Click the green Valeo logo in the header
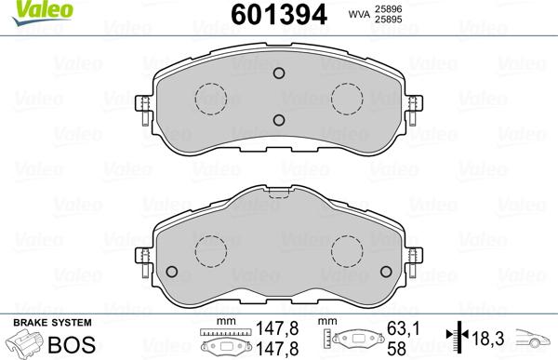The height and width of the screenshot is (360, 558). click(x=25, y=10)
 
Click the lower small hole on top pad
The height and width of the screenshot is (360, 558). click(x=277, y=118)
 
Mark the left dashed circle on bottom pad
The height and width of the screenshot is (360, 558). click(x=210, y=249)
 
